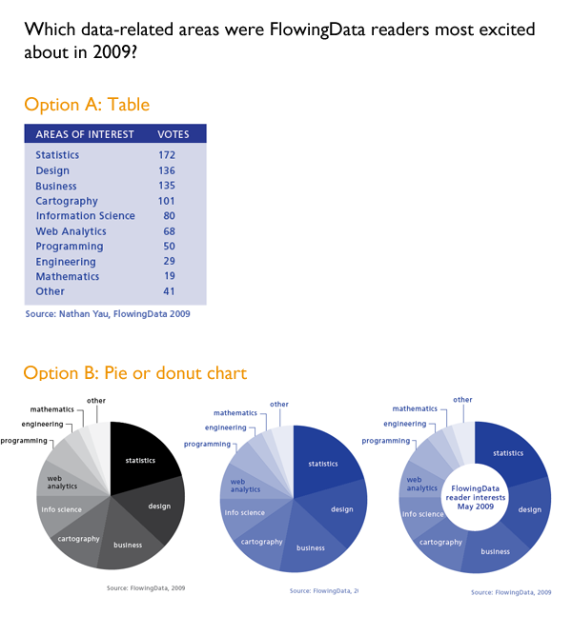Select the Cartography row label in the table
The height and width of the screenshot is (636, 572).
[67, 201]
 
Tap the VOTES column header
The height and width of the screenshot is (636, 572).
[174, 134]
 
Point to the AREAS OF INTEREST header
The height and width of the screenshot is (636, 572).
[85, 134]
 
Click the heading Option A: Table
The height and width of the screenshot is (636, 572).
[87, 105]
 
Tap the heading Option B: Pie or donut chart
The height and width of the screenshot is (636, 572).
[134, 372]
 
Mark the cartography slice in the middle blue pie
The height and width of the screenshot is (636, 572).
[259, 541]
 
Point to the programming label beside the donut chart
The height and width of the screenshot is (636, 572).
[385, 441]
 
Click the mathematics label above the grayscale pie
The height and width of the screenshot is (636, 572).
[51, 409]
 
